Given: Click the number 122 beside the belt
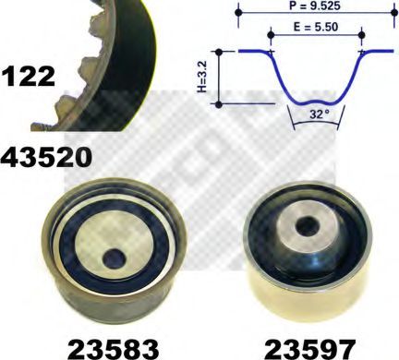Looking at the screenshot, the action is [28, 77].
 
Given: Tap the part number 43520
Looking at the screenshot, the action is [46, 157].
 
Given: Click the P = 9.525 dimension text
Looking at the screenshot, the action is [315, 6].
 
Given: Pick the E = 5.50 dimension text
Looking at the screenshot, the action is [316, 27].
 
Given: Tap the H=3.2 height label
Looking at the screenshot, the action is [202, 77].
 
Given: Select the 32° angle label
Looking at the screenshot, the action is [320, 114].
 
